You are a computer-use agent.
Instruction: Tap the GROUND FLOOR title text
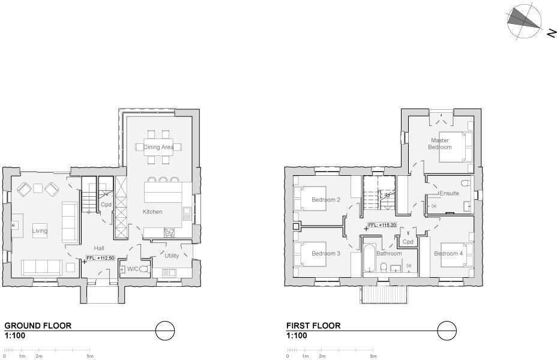(38, 326)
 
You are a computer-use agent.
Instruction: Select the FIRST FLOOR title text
(313, 326)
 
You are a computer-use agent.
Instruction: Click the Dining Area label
(158, 147)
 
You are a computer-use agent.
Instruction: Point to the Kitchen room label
(152, 212)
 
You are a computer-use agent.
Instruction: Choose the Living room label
(40, 230)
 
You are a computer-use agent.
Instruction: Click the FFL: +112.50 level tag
(100, 257)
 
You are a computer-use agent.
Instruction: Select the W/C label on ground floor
(133, 269)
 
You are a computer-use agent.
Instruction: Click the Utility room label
(172, 256)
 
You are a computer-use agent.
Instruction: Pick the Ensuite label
(449, 193)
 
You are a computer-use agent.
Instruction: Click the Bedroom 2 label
(326, 200)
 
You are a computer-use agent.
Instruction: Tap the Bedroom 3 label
(326, 253)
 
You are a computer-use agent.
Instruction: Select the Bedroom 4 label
(448, 253)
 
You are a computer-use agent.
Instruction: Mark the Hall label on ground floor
(100, 247)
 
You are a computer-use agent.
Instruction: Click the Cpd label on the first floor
(408, 242)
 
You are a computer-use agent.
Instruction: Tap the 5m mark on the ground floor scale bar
(89, 356)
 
